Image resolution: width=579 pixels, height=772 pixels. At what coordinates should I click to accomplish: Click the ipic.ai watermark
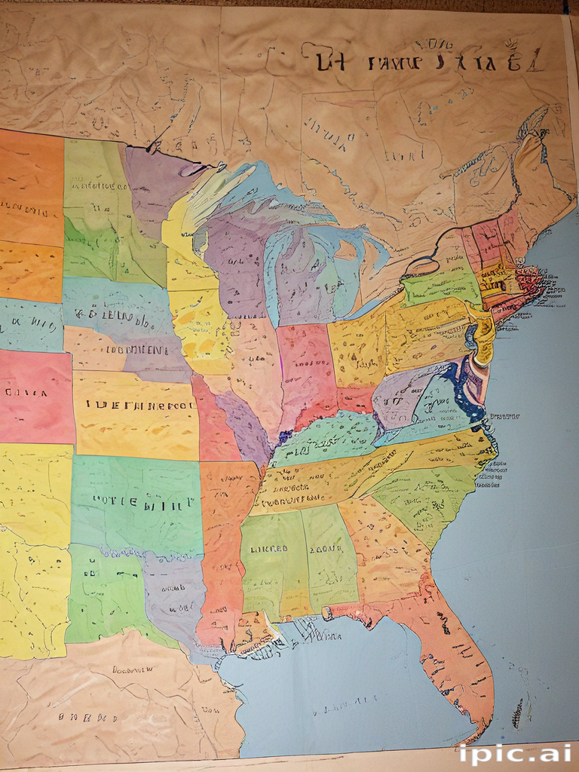click(514, 753)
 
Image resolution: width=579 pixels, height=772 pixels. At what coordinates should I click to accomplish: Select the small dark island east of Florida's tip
click(516, 709)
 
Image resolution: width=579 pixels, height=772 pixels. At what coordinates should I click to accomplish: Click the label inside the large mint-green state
click(142, 499)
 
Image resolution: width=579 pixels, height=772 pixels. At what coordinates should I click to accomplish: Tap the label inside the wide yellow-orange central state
click(139, 404)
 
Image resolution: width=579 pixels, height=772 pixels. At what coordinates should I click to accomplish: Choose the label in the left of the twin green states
click(269, 550)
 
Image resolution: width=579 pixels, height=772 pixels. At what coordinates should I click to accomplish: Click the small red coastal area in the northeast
click(528, 287)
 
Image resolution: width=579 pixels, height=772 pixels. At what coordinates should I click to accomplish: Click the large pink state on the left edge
click(34, 396)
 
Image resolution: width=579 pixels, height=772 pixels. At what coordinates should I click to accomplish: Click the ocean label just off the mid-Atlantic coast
click(505, 415)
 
